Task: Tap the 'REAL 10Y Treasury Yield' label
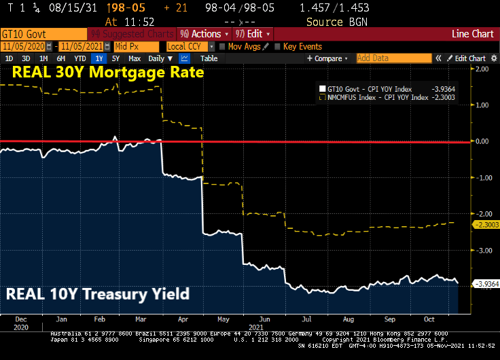97,295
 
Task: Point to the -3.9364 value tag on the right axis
485,283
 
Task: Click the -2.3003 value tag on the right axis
485,224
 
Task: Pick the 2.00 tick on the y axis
483,69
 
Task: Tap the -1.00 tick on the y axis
483,178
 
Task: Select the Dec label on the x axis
20,319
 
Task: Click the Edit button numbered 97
252,34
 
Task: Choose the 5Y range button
115,58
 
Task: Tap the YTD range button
80,58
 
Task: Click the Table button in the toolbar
209,58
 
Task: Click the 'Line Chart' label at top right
473,34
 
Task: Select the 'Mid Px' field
137,46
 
